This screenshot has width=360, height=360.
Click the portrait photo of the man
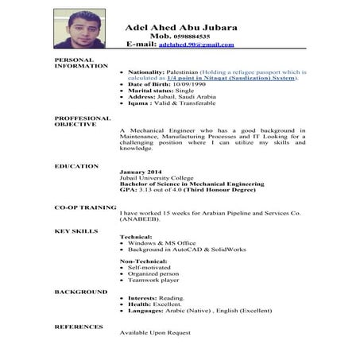(x=79, y=29)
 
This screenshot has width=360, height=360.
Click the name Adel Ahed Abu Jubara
(x=181, y=27)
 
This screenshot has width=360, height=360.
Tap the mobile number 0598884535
(x=191, y=37)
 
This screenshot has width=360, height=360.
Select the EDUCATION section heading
(x=77, y=165)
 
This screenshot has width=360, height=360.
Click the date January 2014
(x=141, y=172)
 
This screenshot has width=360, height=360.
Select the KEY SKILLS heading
(x=76, y=230)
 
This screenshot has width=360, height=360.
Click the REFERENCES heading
(x=78, y=327)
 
